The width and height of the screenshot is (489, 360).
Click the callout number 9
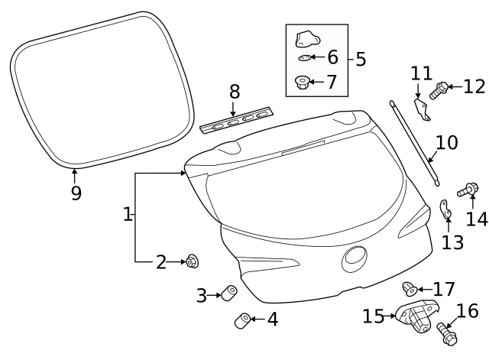76,193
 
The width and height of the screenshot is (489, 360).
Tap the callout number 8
235,92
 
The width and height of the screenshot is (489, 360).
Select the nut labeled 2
191,262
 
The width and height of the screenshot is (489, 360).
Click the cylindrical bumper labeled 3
227,294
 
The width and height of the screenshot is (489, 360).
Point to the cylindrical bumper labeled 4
243,319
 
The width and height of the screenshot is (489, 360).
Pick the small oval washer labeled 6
304,58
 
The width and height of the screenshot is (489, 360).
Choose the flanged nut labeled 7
303,81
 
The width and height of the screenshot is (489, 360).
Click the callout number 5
361,58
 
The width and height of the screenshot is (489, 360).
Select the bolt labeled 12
441,91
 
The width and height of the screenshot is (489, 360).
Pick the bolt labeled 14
468,188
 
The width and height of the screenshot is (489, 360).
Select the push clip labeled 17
410,288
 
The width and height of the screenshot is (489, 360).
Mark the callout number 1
128,215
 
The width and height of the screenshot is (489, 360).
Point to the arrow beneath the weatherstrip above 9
74,174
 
